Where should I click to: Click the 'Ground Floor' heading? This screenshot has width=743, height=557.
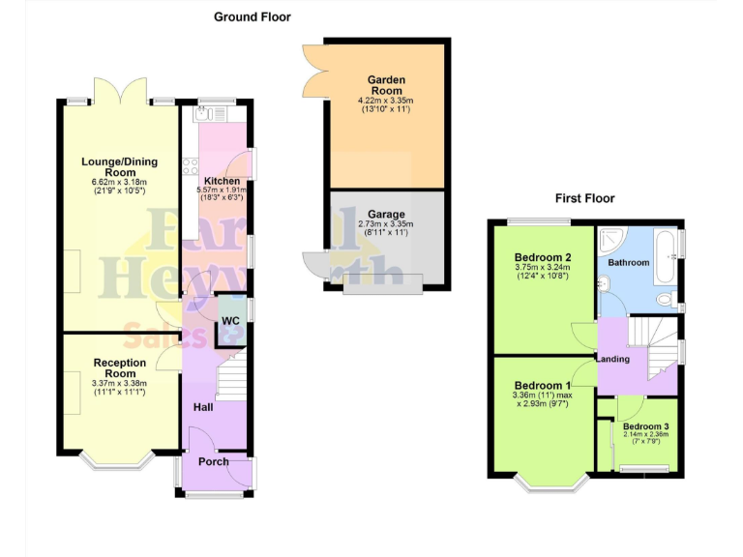click(252, 16)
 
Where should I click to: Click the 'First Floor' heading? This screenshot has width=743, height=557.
click(584, 198)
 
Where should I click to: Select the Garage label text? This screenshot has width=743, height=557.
click(386, 215)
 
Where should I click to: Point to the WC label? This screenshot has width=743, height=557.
click(230, 320)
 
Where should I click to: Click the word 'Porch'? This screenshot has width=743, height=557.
click(213, 461)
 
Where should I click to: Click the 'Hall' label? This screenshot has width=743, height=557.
click(203, 408)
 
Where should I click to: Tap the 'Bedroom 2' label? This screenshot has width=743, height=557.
click(542, 256)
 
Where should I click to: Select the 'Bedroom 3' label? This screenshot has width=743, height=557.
click(645, 426)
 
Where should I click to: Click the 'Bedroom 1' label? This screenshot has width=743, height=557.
click(542, 384)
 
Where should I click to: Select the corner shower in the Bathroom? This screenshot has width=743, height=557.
click(611, 241)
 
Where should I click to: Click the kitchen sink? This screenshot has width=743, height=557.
click(206, 115)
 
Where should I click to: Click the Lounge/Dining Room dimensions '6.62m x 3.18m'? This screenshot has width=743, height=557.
click(119, 182)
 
